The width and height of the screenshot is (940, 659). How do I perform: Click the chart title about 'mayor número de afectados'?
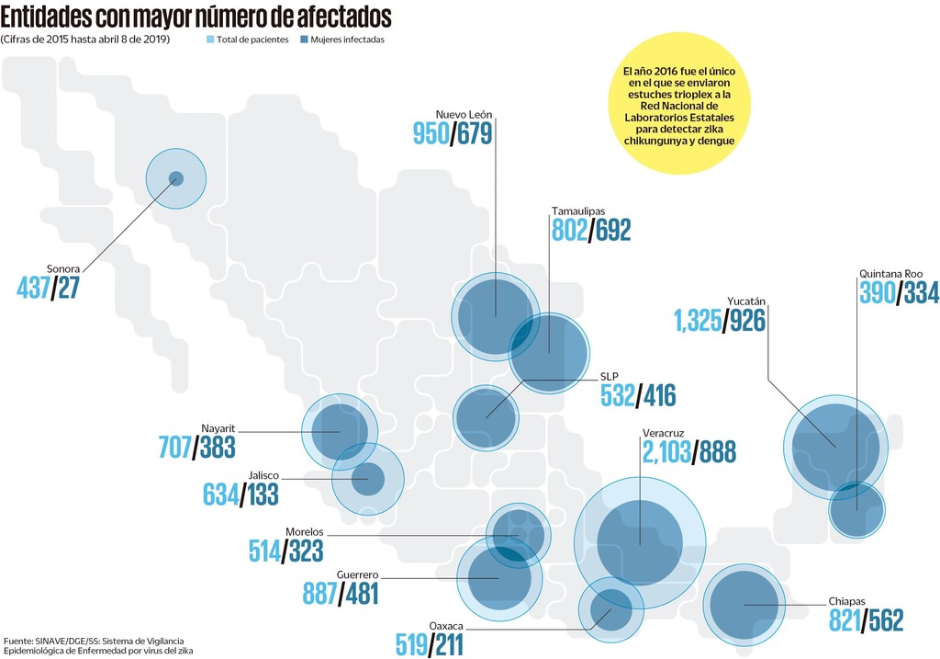point(196,17)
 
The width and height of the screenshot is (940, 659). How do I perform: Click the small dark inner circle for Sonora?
point(176,178)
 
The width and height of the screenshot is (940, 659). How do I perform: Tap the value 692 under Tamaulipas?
point(614,230)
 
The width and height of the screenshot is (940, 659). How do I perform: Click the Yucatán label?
point(746,301)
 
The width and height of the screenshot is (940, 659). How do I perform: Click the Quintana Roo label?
point(890,274)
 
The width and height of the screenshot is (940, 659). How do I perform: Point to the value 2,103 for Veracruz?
point(666,451)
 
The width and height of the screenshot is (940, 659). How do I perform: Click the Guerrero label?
point(357,574)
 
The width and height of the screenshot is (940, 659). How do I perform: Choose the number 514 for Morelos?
point(265,550)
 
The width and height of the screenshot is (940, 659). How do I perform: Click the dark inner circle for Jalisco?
point(368,479)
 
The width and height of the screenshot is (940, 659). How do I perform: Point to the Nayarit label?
point(218,428)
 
